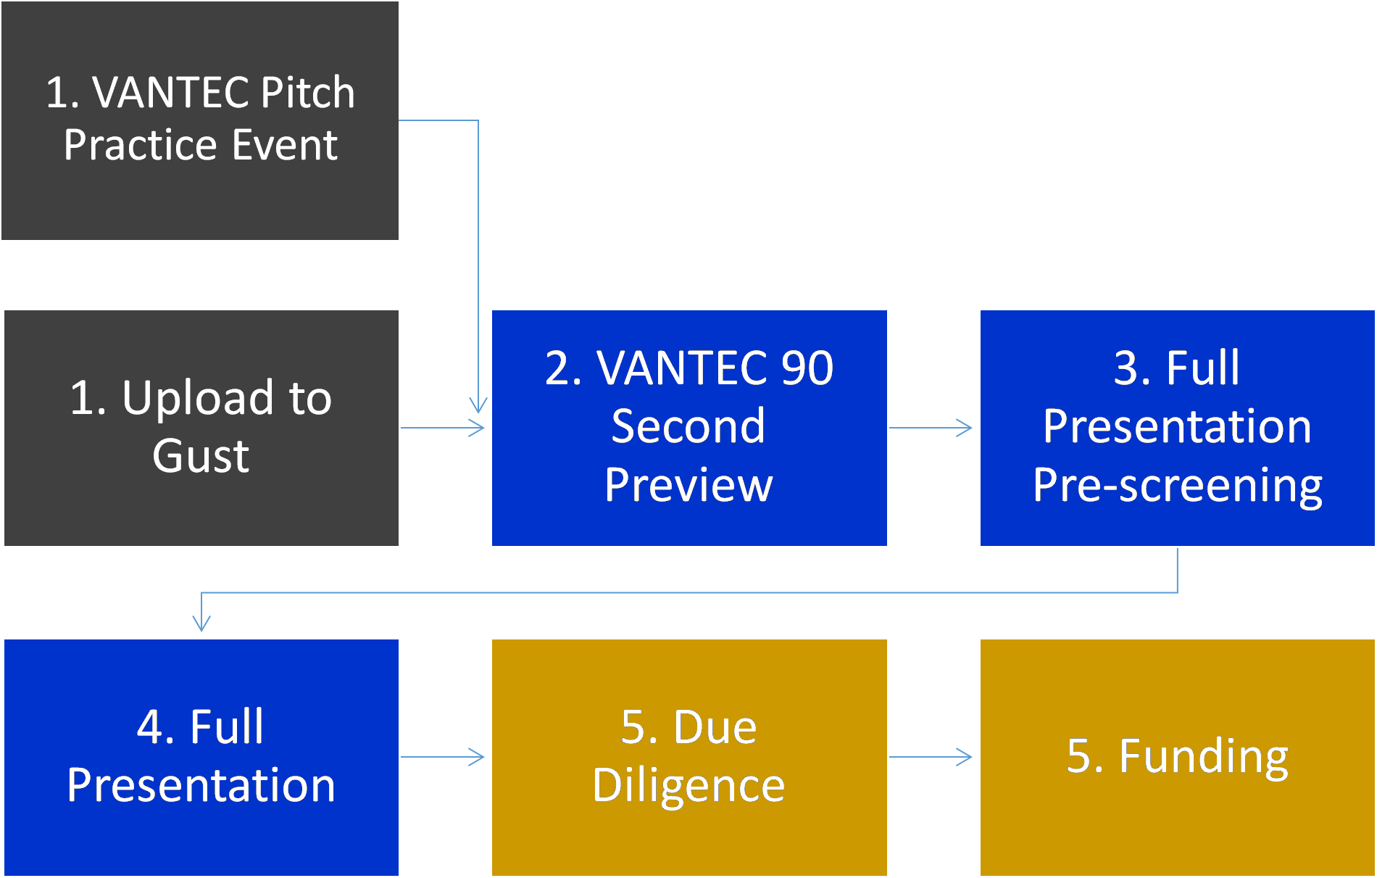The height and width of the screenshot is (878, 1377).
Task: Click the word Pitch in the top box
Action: click(x=307, y=94)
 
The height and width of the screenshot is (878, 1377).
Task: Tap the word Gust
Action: click(x=201, y=456)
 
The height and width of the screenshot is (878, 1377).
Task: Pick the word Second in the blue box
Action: click(x=688, y=426)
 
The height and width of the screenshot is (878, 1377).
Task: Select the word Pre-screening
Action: click(x=1178, y=485)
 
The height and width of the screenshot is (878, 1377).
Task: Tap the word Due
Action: click(x=715, y=726)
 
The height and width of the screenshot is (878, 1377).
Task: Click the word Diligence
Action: click(x=688, y=786)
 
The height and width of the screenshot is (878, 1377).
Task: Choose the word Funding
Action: click(x=1204, y=757)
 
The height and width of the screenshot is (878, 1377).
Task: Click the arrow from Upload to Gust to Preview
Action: click(x=443, y=428)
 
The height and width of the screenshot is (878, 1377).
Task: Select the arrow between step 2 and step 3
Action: click(x=931, y=428)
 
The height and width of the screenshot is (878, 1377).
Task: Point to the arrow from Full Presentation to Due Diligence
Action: click(x=443, y=757)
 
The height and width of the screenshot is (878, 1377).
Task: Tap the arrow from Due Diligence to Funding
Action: click(x=931, y=757)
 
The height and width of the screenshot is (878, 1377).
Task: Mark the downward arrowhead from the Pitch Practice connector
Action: click(x=478, y=405)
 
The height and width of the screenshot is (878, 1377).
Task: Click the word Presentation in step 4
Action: click(x=201, y=785)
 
